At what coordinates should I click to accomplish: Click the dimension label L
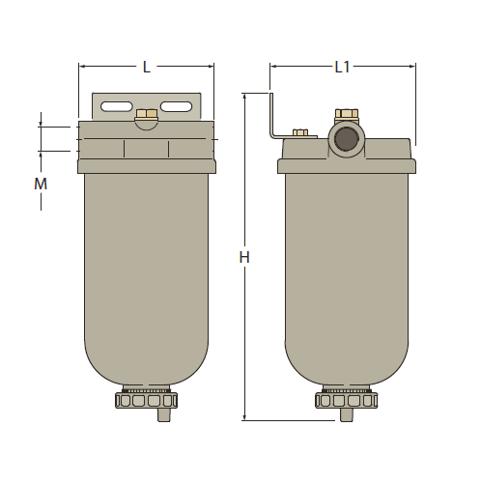[x=147, y=67]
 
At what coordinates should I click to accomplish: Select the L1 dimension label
[x=343, y=67]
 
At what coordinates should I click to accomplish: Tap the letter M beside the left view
[x=41, y=183]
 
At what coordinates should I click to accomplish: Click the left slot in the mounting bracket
[x=116, y=106]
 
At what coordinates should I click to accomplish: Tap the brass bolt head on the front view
[x=147, y=117]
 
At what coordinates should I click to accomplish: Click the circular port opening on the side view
[x=345, y=138]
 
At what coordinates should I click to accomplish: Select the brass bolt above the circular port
[x=345, y=116]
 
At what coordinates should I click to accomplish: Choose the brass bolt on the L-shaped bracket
[x=299, y=132]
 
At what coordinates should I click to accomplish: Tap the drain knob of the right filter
[x=345, y=399]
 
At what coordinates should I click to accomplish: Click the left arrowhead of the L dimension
[x=82, y=67]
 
